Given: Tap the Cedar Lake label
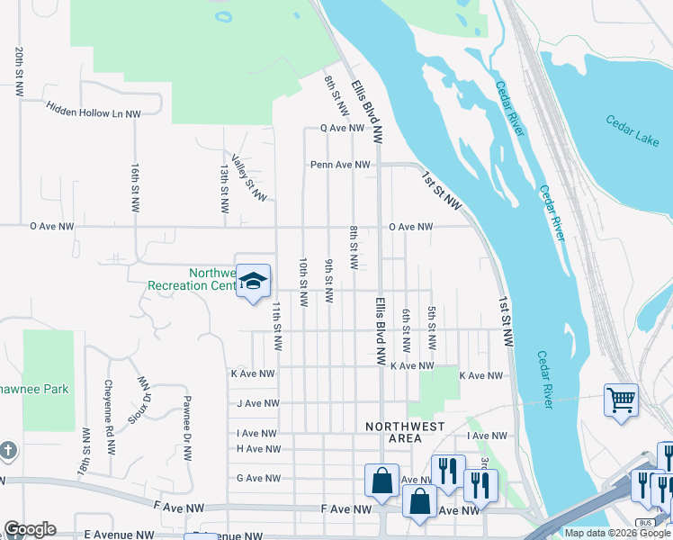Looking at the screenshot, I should [x=632, y=130].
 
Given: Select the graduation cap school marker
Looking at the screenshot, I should [x=254, y=282].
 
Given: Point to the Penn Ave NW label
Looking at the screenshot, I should [x=340, y=165].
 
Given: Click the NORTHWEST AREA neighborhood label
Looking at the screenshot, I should [x=392, y=432].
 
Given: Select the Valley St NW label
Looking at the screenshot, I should [x=248, y=177].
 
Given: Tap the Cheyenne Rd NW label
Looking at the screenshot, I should [x=110, y=407].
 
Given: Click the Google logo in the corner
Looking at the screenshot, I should [x=30, y=529].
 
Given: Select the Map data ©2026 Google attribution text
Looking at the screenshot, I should [x=617, y=533].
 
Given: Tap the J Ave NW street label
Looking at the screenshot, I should [x=256, y=404].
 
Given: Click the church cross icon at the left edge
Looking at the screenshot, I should [x=6, y=450].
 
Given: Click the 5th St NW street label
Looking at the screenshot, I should [x=432, y=328].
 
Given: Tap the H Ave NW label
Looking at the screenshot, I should [x=258, y=448].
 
